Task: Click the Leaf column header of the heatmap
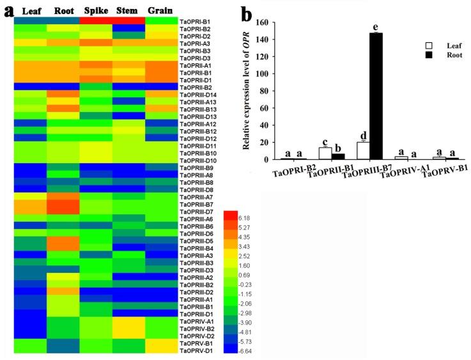coord(33,11)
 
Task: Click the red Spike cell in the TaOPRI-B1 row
coord(96,21)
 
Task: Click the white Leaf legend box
coord(429,46)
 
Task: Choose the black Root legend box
coord(429,55)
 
